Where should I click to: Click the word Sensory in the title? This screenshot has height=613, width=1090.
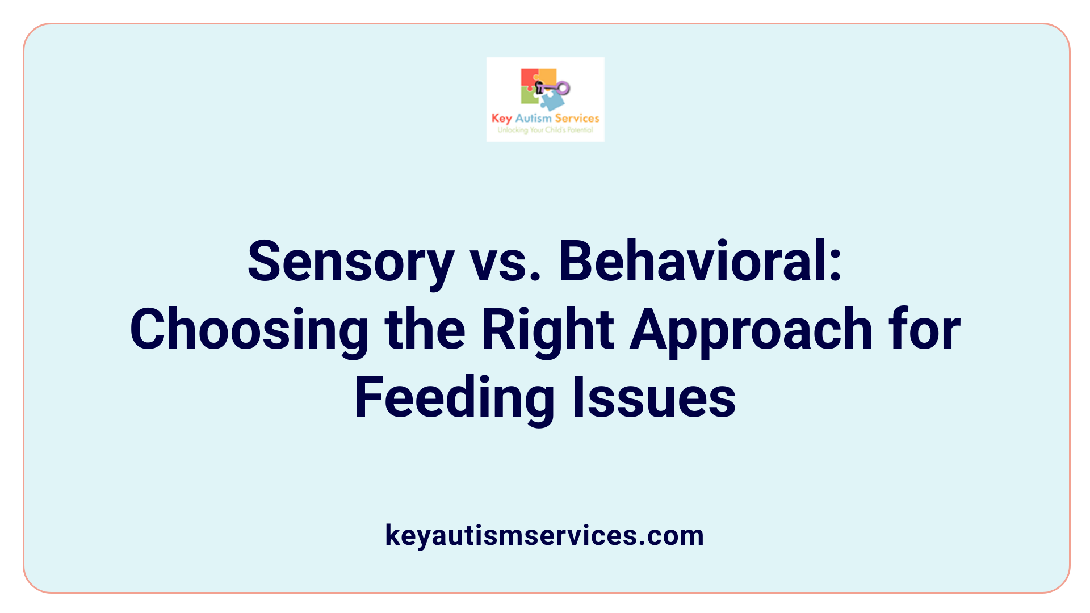[x=351, y=262]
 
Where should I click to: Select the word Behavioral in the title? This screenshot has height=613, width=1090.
[x=700, y=262]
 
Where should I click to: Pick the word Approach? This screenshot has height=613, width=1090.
[x=751, y=330]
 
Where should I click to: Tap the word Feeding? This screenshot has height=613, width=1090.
[x=454, y=398]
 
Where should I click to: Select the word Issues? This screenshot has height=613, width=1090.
[x=653, y=398]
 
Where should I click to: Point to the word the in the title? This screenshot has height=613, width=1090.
[x=425, y=330]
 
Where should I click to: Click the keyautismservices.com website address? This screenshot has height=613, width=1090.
[x=544, y=535]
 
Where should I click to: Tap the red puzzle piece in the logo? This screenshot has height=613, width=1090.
[x=529, y=78]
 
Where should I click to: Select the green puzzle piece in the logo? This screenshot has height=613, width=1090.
[x=529, y=97]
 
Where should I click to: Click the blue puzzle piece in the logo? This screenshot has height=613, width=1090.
[x=552, y=101]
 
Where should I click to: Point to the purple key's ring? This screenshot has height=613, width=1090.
[x=563, y=87]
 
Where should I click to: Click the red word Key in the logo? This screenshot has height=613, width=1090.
[x=501, y=118]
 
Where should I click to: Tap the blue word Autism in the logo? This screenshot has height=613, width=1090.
[x=533, y=118]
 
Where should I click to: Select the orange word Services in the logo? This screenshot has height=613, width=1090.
[x=577, y=118]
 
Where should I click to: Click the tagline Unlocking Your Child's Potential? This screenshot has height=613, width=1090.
[x=545, y=130]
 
